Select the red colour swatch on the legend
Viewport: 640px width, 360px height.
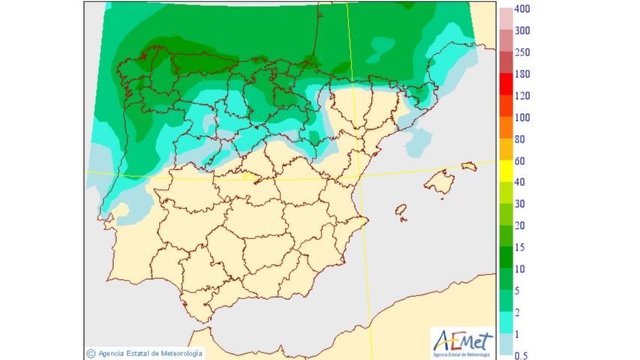click(506, 84)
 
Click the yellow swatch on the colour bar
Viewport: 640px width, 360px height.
click(506, 171)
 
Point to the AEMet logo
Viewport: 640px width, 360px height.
click(463, 341)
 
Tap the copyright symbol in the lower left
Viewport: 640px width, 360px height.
click(91, 352)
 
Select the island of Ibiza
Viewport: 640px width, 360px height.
click(401, 211)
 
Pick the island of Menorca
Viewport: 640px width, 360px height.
click(469, 166)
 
